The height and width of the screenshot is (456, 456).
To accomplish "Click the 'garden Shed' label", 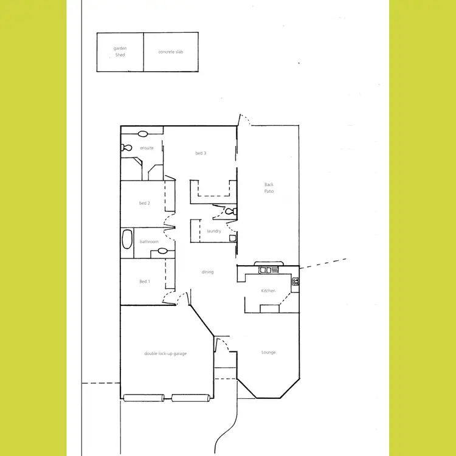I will click(120, 52).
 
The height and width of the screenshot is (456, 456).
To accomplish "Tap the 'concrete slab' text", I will click(170, 52).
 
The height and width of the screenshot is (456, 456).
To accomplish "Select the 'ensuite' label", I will click(147, 148).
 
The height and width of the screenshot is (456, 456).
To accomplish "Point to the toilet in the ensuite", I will click(126, 148).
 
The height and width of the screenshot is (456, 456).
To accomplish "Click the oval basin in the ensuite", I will click(143, 134).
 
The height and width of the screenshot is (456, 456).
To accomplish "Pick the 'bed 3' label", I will click(201, 153).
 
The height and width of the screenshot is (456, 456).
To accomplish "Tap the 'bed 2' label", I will click(145, 203).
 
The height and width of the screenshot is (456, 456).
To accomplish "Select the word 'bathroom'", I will click(149, 241).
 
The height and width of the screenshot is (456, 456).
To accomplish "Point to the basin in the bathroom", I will click(162, 250).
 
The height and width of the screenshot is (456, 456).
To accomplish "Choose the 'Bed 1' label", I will click(144, 282).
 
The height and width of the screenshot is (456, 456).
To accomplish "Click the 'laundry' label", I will click(213, 231).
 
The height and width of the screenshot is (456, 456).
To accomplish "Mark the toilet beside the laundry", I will click(229, 212).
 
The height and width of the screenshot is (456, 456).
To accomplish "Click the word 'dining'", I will click(207, 272).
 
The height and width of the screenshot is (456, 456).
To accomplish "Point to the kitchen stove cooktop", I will click(295, 281).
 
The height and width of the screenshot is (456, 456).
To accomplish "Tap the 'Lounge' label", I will click(268, 352).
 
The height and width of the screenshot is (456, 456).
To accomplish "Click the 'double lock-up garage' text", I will click(165, 353).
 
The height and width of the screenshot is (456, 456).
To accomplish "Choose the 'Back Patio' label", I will click(269, 188).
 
